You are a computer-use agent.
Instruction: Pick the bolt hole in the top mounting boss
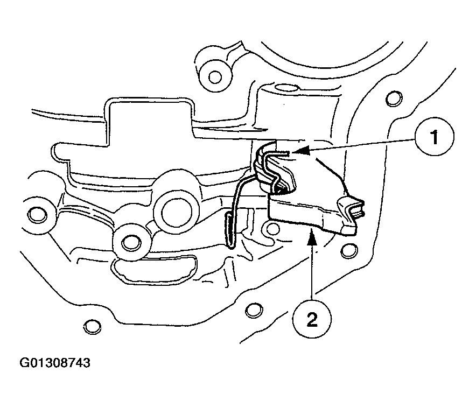215,76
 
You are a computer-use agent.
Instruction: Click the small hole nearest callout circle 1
394,97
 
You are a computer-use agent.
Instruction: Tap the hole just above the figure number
92,326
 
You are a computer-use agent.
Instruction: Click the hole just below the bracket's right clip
349,250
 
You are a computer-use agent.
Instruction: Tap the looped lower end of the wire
229,231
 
